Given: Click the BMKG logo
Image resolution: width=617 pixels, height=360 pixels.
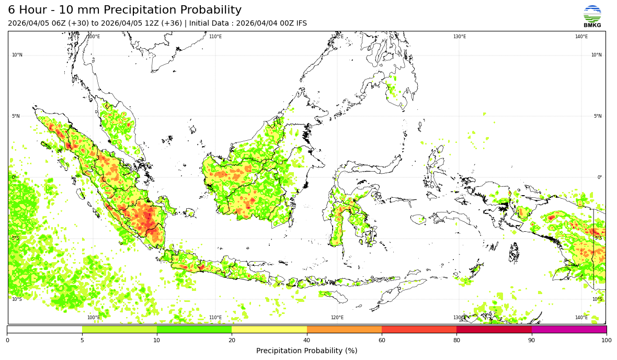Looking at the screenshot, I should (x=592, y=16).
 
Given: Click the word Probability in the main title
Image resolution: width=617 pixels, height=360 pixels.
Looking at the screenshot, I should (x=208, y=10).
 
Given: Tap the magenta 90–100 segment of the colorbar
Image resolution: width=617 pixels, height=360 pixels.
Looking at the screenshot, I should (x=569, y=330).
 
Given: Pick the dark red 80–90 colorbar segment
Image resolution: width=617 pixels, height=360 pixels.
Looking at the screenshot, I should (x=494, y=330).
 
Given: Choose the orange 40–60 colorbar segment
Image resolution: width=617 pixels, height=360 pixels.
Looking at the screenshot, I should (x=344, y=330).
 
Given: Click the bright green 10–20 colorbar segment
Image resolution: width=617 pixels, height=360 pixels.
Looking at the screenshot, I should (x=194, y=330).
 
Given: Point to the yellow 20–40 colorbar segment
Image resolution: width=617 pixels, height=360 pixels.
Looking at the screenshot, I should (x=269, y=330).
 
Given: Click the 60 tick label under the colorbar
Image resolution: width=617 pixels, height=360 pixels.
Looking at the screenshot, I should (x=382, y=341).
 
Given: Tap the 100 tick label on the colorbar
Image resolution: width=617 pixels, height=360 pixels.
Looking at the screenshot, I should (x=606, y=341).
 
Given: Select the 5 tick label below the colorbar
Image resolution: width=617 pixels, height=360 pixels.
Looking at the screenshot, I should (x=82, y=341).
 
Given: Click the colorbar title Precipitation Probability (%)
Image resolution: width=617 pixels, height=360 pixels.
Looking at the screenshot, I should (x=306, y=351).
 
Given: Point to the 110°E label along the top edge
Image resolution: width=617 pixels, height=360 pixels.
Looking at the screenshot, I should (x=215, y=37).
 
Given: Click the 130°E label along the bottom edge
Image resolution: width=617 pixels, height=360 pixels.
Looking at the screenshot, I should (x=459, y=318).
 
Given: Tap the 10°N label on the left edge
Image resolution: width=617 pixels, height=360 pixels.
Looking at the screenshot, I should (x=17, y=55).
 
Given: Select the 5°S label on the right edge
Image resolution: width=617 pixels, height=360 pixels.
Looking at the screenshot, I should (x=598, y=238).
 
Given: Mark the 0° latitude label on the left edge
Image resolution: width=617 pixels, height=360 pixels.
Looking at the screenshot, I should (x=14, y=177).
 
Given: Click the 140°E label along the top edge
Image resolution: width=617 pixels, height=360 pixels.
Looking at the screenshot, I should (x=581, y=37).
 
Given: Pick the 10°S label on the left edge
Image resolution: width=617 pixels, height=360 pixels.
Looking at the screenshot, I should (x=17, y=299).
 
